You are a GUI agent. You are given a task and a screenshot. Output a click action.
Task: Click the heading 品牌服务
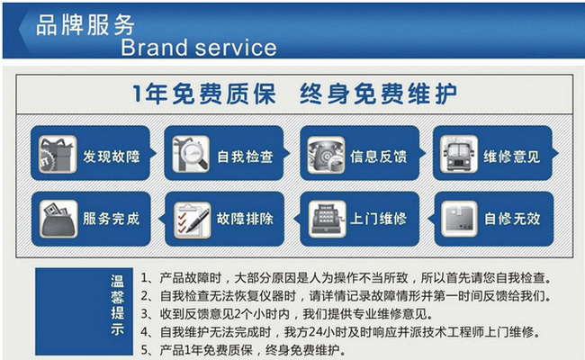coord(85,25)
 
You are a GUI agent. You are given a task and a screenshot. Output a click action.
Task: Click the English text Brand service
coord(199,48)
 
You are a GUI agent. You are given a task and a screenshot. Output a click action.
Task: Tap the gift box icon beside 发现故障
coord(58,154)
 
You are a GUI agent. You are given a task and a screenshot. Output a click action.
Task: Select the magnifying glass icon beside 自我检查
coord(191,154)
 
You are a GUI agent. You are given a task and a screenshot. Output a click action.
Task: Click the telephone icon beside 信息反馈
coord(326,155)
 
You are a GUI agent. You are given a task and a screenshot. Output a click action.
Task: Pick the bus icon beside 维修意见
coord(459,154)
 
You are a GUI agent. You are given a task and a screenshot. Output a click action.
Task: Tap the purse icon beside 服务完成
coord(58,219)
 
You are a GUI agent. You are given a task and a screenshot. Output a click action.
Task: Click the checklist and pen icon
coord(192,220)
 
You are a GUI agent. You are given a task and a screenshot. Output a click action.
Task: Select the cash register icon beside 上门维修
coord(327,219)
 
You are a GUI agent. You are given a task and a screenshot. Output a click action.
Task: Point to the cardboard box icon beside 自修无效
coord(459,219)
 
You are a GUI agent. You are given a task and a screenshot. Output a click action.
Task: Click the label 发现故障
coord(112,157)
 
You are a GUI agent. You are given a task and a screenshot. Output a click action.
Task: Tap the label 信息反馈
coord(378,157)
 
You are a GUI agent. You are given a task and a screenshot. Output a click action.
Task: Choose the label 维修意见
coord(511,157)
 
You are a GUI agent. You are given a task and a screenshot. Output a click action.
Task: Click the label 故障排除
coord(245,219)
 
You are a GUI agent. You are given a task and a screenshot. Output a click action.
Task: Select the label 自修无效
coord(512,219)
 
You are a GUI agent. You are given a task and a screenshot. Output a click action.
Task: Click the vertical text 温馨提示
coord(117,305)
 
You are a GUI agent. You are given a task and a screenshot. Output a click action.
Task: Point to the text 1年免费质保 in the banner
coord(204,94)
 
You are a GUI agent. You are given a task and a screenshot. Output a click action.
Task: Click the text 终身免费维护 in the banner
coord(378,94)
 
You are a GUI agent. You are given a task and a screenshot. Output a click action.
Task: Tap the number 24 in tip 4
coord(315,331)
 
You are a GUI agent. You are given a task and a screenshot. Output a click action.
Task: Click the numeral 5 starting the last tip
coord(145,350)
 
